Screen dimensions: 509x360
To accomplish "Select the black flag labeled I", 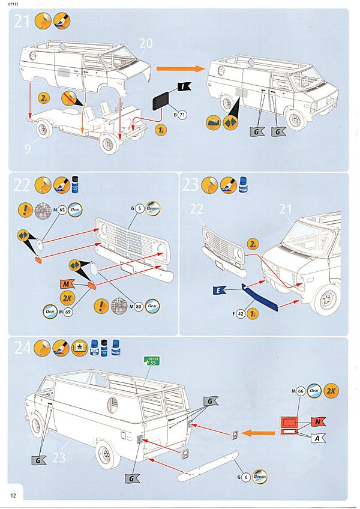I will point(184,88).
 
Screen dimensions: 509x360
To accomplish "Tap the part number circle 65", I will point(62,210).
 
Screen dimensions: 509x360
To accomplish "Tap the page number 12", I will point(13,495).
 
